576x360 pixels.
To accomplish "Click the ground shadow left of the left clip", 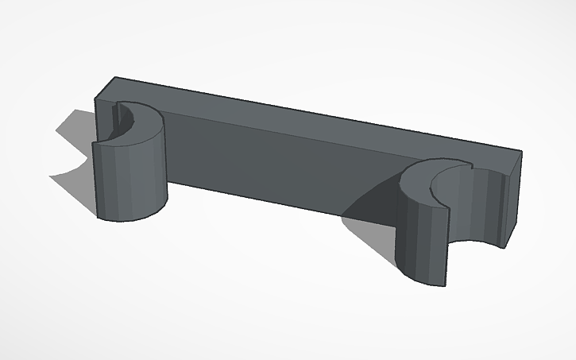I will [x=75, y=151].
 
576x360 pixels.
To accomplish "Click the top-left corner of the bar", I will [x=114, y=78].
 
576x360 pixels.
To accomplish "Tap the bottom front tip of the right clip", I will [x=446, y=285].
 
